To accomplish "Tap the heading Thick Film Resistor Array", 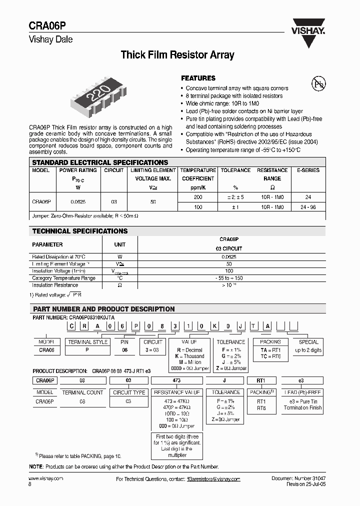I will [177, 55].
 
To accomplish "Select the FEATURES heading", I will [198, 78].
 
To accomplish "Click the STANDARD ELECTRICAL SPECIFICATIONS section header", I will [100, 162].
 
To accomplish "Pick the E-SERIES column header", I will [308, 170].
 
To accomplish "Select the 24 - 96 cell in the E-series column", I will [308, 206].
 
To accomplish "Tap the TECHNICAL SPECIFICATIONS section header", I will [80, 231].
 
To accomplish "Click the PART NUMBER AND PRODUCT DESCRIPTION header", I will [103, 309].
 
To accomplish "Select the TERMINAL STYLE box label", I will [88, 342].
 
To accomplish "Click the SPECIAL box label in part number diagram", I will [308, 342].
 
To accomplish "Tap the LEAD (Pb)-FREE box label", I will [302, 392].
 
